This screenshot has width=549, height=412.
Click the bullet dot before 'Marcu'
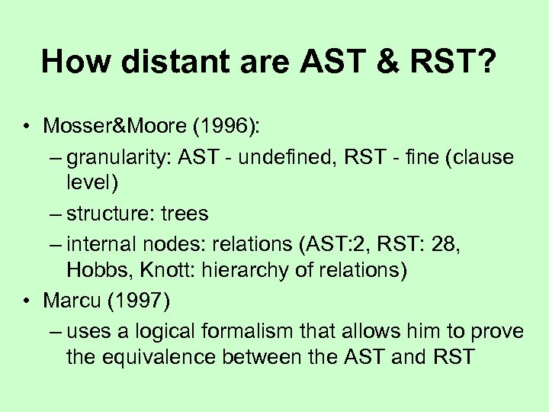(x=26, y=301)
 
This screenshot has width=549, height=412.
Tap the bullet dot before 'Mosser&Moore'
(x=26, y=126)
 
